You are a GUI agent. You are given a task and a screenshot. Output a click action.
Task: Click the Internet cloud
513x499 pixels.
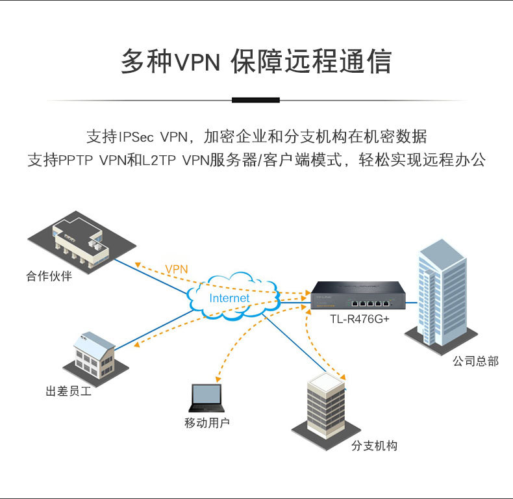point(231,298)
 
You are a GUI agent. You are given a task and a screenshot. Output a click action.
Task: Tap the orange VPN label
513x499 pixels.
point(176,269)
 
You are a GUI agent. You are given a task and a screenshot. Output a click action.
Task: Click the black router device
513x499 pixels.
point(355,296)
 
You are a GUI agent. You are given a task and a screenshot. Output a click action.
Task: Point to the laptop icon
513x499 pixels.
point(205,397)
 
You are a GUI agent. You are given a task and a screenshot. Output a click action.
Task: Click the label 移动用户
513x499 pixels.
point(207,424)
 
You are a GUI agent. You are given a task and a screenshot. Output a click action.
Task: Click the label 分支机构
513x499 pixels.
point(374,446)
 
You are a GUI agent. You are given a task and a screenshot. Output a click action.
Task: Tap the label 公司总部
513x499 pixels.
point(475,361)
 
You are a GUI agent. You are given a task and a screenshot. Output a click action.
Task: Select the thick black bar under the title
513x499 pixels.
point(256,99)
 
